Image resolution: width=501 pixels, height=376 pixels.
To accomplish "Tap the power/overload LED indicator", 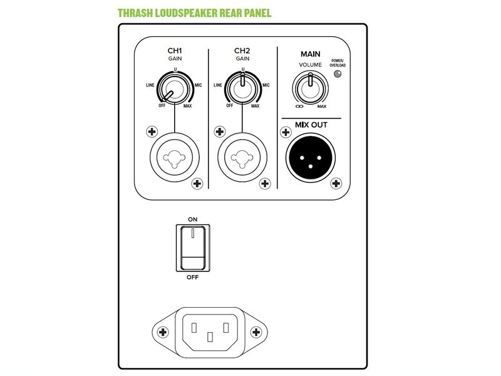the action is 338,74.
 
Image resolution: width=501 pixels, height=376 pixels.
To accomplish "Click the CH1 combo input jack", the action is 175,157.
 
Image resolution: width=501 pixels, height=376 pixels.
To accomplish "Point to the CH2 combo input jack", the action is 242,157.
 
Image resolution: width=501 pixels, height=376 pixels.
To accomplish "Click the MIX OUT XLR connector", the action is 311,158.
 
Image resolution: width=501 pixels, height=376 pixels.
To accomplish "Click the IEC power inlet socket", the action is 210,332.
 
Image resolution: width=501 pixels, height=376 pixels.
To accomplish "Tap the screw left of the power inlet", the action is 163,332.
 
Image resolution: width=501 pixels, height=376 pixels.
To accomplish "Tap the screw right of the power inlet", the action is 256,332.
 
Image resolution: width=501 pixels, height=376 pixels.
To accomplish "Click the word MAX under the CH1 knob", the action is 187,106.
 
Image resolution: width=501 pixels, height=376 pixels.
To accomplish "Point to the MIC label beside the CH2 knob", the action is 266,85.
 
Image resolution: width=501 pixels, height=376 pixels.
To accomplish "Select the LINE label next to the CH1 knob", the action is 150,85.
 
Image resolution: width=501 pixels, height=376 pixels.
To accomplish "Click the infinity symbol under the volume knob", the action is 300,107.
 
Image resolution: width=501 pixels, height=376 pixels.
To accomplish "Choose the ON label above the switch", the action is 193,219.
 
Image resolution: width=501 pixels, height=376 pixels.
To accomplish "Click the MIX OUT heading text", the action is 311,125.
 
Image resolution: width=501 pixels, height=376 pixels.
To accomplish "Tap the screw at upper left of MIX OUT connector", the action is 286,132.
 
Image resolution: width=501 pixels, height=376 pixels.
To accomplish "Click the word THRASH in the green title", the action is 135,13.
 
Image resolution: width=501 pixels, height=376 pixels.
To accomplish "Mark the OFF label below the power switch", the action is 193,277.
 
